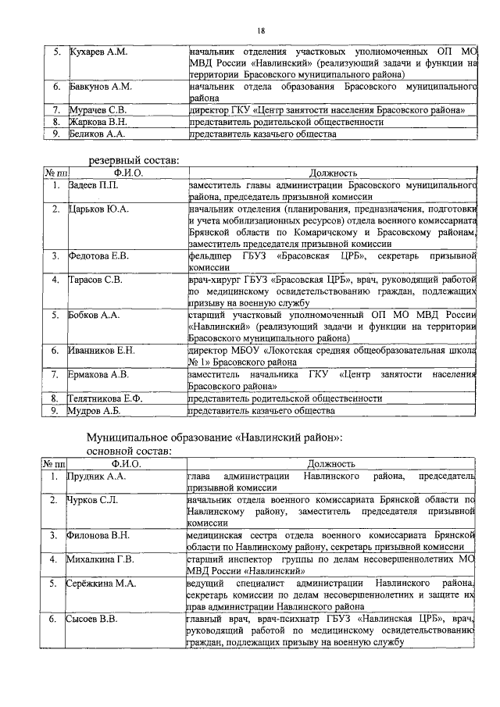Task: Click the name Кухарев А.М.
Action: [99, 52]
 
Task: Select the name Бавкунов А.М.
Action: [101, 86]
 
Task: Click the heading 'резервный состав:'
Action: [133, 160]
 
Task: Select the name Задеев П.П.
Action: [95, 185]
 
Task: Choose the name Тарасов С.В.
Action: [95, 279]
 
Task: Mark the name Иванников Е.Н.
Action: [102, 351]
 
